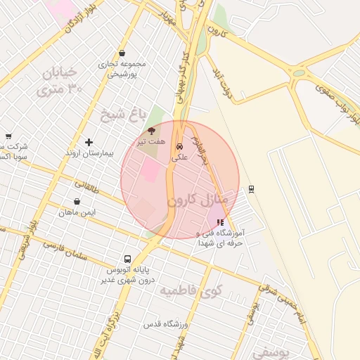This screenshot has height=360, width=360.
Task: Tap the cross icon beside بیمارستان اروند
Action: [89, 142]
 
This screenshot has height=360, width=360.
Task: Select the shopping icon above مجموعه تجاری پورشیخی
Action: [122, 53]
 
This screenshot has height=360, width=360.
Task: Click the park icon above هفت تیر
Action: [151, 131]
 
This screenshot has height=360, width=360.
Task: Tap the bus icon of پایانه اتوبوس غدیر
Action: [127, 259]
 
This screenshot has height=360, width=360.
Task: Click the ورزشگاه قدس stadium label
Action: [163, 324]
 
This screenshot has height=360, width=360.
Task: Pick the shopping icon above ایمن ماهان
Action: [77, 202]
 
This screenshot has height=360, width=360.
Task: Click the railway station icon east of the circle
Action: [252, 188]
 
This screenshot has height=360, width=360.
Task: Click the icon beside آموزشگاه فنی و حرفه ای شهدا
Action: [221, 222]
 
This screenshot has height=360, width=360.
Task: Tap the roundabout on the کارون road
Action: [300, 72]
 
